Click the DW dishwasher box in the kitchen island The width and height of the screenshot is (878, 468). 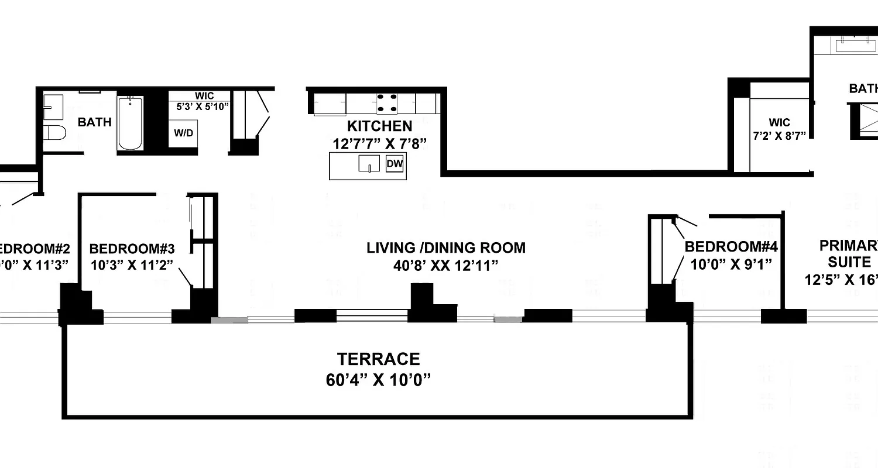pyautogui.click(x=395, y=164)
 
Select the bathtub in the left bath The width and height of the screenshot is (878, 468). pyautogui.click(x=130, y=123)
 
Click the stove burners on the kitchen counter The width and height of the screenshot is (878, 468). pyautogui.click(x=386, y=103)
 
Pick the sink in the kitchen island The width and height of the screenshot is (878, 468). pyautogui.click(x=368, y=164)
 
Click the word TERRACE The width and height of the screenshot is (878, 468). pyautogui.click(x=378, y=359)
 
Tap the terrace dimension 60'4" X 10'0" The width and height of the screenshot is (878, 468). pyautogui.click(x=378, y=380)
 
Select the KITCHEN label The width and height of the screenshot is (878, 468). pyautogui.click(x=379, y=126)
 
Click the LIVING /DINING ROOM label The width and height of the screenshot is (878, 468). pyautogui.click(x=446, y=247)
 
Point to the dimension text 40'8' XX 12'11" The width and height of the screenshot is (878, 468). pyautogui.click(x=446, y=266)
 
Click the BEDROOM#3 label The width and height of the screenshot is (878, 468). pyautogui.click(x=132, y=248)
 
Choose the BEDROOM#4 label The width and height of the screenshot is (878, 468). pyautogui.click(x=730, y=246)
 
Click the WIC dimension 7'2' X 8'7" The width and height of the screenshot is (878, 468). pyautogui.click(x=779, y=134)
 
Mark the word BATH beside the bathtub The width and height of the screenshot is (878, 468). pyautogui.click(x=95, y=122)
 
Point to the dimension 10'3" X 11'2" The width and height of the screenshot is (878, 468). pyautogui.click(x=132, y=264)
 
